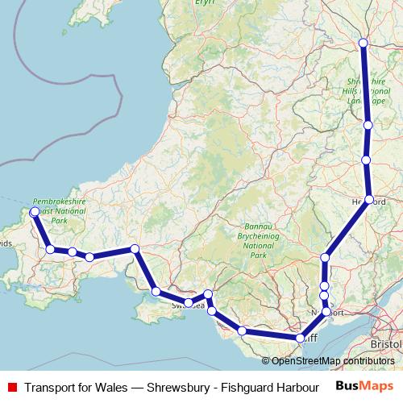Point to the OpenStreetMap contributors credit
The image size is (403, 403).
click(x=328, y=361)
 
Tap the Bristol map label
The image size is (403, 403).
click(x=387, y=343)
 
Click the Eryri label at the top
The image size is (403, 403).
click(x=206, y=3)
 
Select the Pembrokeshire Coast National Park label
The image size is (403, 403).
click(x=60, y=211)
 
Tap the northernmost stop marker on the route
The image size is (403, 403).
click(x=363, y=43)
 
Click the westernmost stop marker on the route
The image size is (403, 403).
click(x=34, y=212)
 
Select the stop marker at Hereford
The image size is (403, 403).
click(x=368, y=199)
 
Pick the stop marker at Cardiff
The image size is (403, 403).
click(x=300, y=339)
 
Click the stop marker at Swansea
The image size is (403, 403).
click(x=189, y=303)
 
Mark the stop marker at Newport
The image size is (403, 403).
click(x=326, y=311)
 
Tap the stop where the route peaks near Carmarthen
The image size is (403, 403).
click(x=135, y=249)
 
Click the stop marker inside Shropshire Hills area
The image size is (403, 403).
click(x=368, y=125)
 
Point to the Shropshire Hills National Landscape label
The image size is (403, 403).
click(x=367, y=91)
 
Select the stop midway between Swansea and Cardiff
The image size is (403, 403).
click(x=242, y=330)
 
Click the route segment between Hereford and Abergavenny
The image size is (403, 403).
click(x=347, y=228)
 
